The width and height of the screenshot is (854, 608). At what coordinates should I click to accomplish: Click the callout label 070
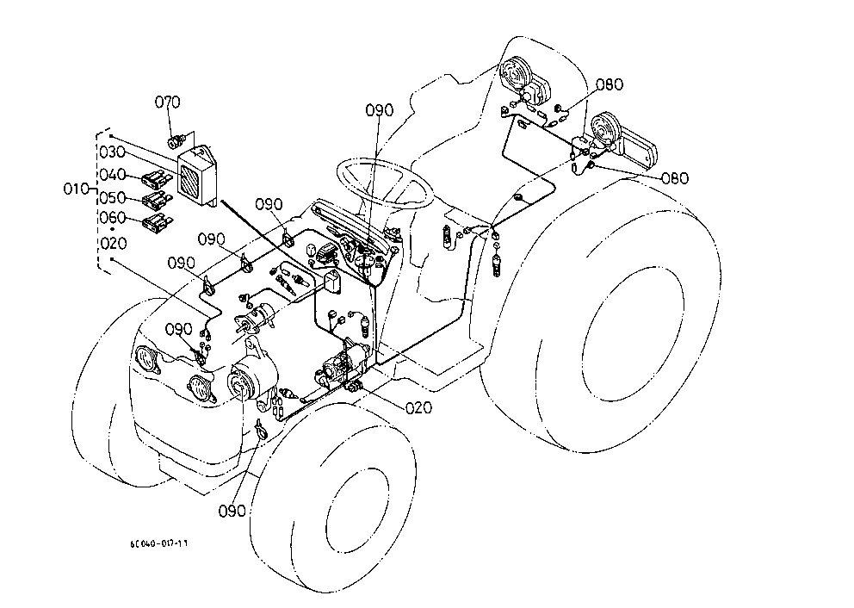167,102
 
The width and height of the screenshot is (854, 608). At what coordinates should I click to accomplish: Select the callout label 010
76,189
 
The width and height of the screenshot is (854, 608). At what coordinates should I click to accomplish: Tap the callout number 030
112,152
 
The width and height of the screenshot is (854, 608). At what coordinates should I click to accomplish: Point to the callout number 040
112,174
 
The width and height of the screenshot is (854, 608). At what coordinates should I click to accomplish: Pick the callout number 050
112,197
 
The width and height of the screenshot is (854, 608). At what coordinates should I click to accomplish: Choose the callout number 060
112,218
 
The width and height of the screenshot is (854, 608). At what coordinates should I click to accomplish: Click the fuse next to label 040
156,178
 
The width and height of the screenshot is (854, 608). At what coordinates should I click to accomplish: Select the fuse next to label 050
157,200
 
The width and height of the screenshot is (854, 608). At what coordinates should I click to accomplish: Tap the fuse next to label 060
157,221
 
